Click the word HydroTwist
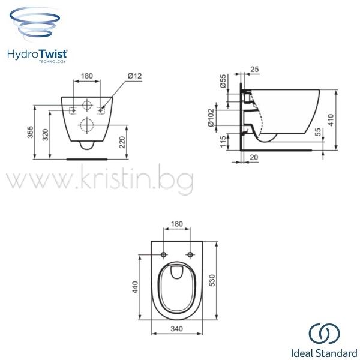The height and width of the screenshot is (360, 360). [x=37, y=55]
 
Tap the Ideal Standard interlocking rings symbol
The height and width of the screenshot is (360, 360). [x=324, y=334]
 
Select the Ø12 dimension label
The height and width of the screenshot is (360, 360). [x=135, y=76]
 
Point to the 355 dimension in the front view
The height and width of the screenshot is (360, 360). [x=31, y=132]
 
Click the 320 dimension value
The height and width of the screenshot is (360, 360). [x=46, y=134]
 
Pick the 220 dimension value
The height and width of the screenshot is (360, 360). [x=122, y=142]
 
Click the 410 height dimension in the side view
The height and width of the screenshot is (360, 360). [x=331, y=120]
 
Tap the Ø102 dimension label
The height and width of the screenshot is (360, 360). [x=211, y=118]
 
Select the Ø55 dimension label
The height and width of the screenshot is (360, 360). [x=223, y=81]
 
